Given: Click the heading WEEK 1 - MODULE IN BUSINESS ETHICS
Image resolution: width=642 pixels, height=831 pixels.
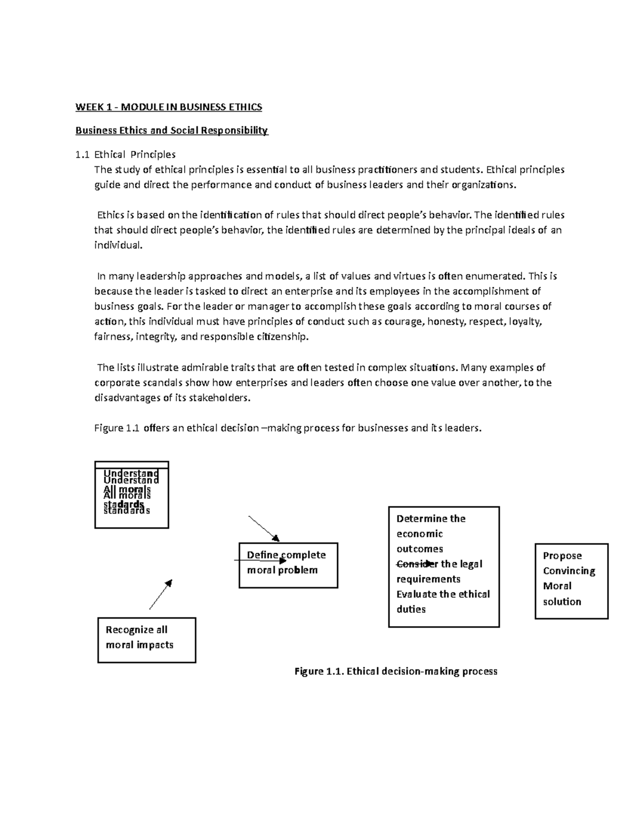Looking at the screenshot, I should coord(169,107).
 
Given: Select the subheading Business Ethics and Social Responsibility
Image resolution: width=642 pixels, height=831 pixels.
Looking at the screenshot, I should coord(171,131).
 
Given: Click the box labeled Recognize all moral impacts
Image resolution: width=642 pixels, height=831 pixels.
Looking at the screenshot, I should coord(146,640).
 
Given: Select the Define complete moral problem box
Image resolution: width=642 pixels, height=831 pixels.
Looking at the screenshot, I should coord(288,565).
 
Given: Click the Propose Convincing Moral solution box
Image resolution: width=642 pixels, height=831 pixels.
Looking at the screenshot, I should coord(571,581).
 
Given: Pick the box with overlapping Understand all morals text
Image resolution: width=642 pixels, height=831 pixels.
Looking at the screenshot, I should coord(131,495).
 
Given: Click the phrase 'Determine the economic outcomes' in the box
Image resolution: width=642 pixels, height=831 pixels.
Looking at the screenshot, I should coord(430,533).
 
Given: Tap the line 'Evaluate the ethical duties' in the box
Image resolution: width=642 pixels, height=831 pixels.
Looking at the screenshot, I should coord(442,601).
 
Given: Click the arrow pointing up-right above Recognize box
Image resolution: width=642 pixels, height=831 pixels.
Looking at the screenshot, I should coord(160,594).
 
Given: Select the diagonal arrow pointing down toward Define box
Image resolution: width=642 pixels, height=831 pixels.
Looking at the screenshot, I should coord(264,529).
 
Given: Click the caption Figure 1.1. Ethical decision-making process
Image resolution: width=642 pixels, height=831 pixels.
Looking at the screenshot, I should coord(396,672).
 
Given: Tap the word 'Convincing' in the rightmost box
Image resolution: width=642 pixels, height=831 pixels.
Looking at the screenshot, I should coord(569,571).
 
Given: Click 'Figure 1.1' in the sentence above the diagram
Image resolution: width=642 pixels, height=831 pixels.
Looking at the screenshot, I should coord(117,429).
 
